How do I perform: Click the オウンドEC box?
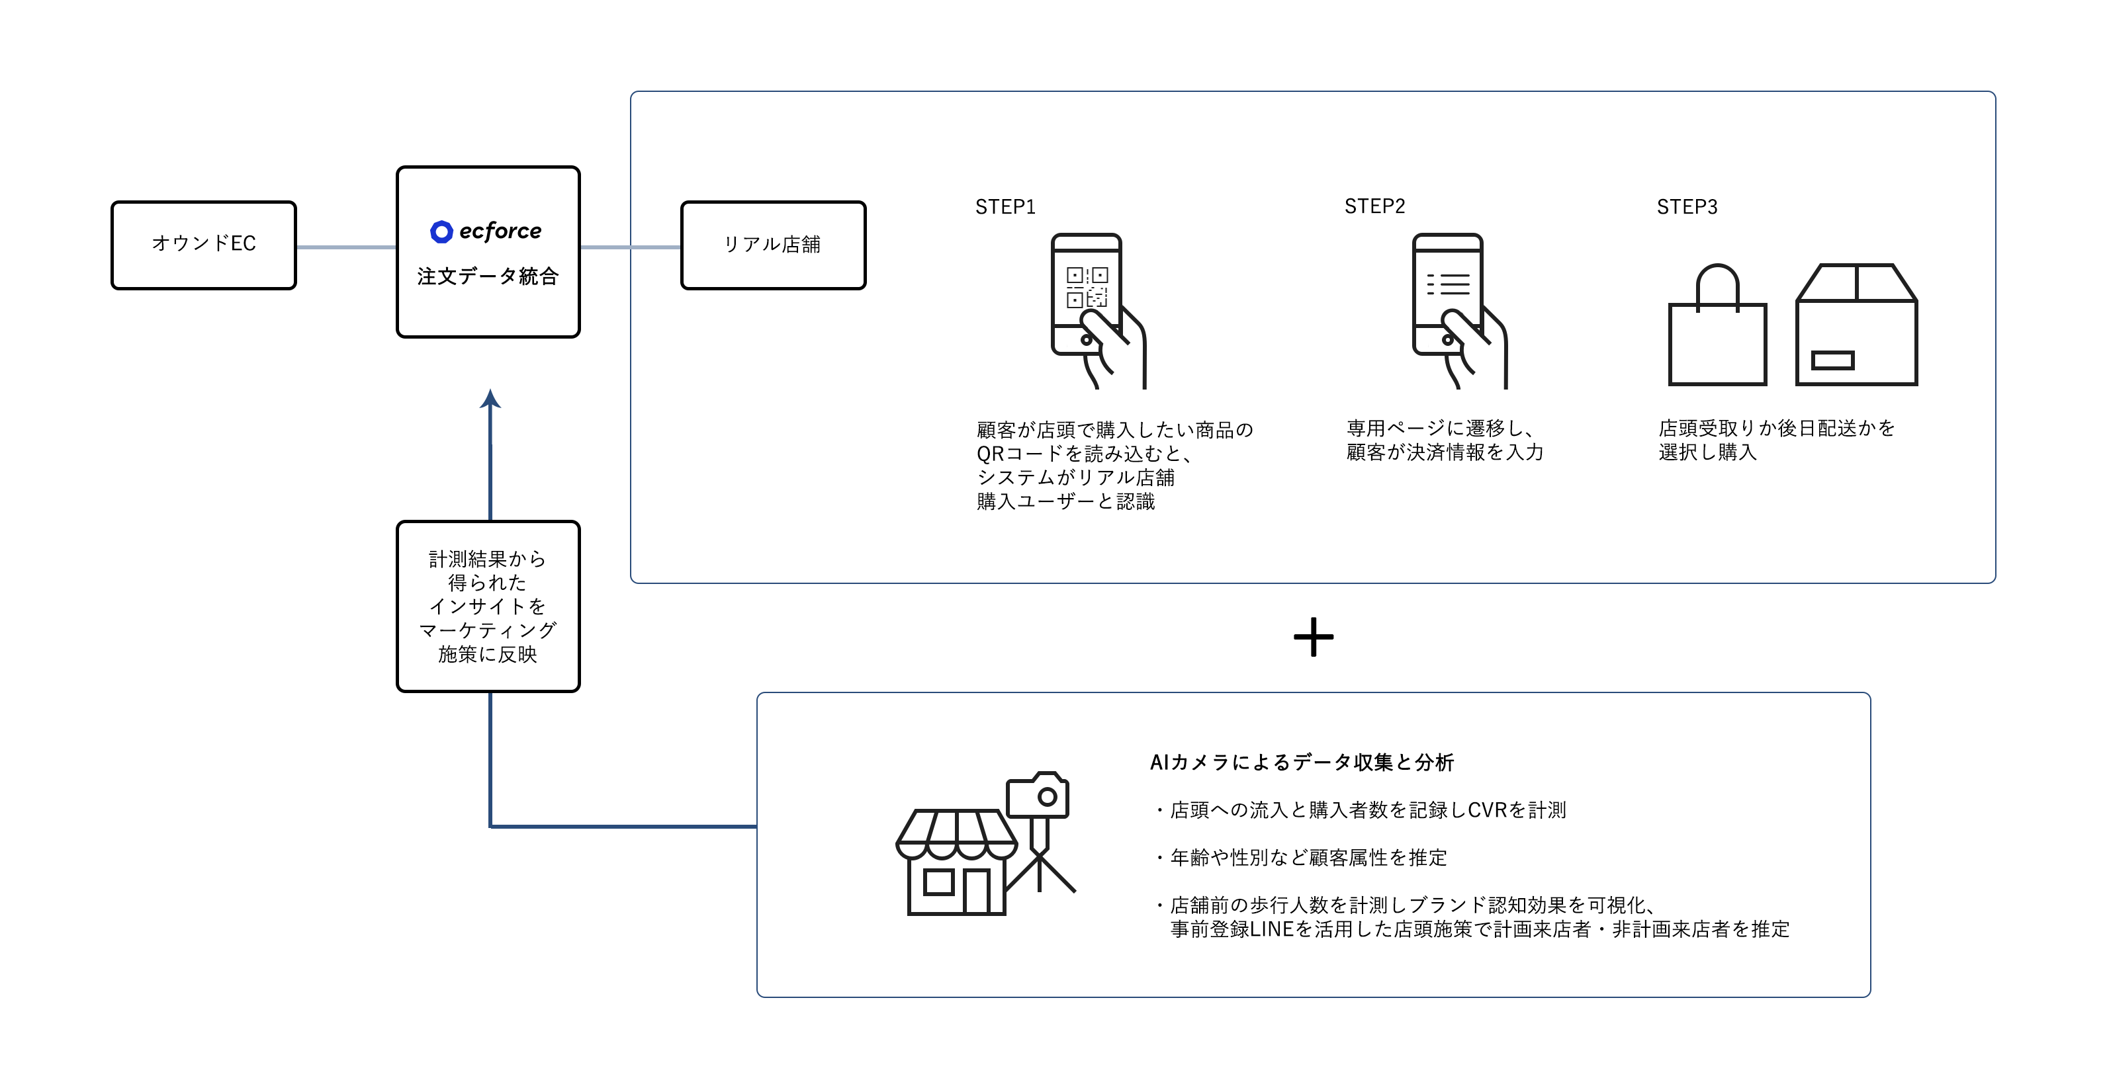204,245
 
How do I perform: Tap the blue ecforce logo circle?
441,232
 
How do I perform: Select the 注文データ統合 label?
488,276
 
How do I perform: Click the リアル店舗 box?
773,245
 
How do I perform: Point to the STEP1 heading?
1005,207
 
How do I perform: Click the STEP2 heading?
1375,206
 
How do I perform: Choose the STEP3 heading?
1687,207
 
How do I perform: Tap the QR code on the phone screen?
1086,287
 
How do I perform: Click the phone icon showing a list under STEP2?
1460,311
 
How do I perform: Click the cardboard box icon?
1857,324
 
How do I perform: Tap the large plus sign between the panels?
1314,637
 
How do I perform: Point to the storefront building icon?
957,862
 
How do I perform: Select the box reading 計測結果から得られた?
488,606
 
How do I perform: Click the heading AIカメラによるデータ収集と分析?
1302,762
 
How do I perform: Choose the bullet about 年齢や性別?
1300,858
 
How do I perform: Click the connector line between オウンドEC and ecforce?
347,247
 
